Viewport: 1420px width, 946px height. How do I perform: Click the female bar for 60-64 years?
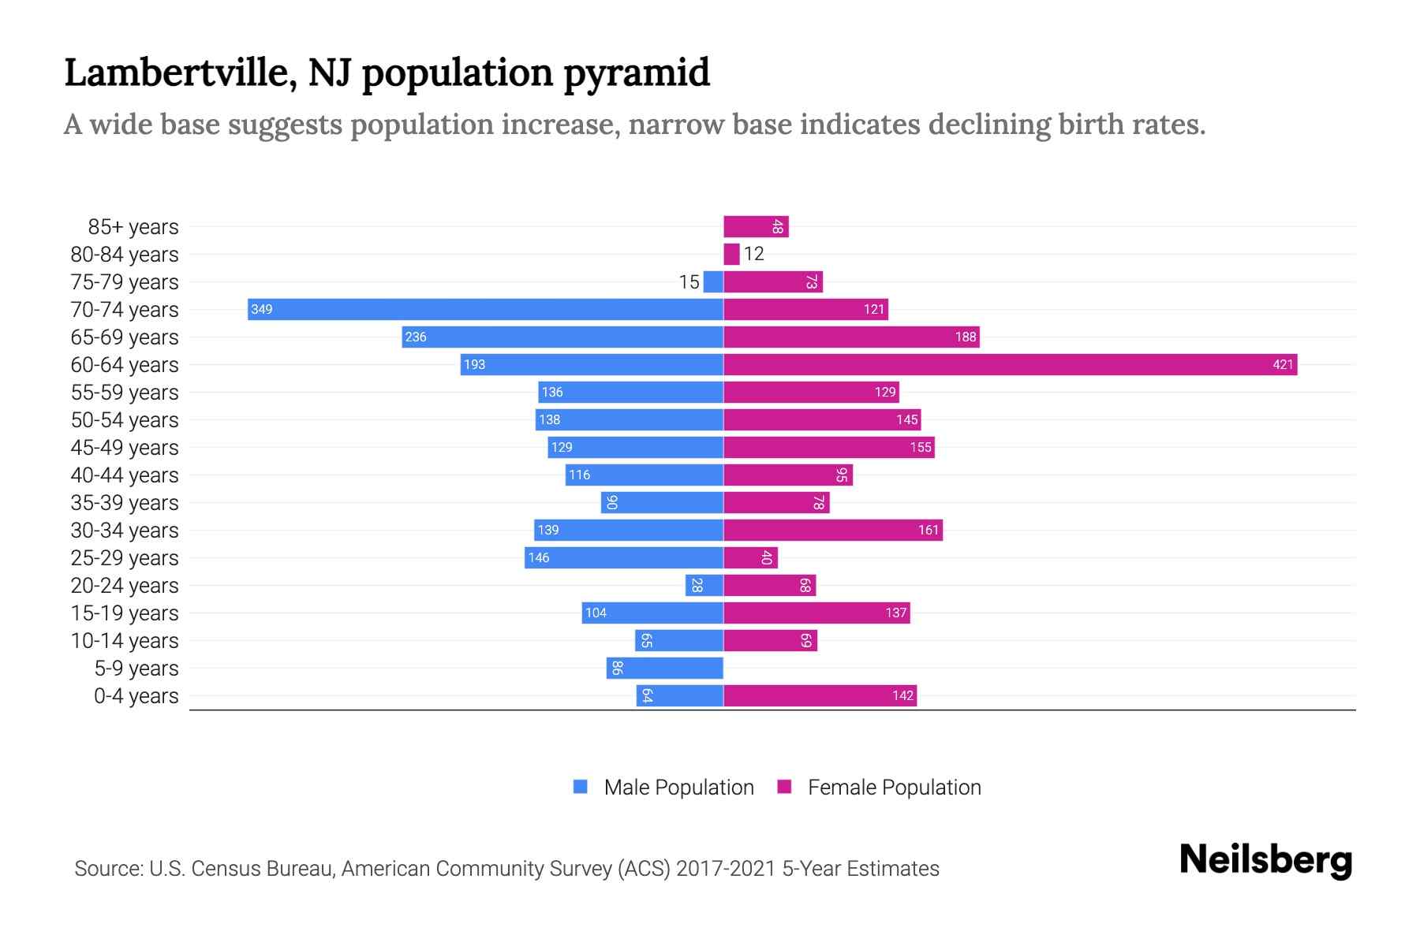(1010, 364)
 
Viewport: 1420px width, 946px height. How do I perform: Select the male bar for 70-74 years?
(485, 309)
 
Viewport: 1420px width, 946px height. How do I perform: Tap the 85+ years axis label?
(133, 227)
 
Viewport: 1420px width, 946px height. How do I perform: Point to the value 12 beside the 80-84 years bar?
(754, 254)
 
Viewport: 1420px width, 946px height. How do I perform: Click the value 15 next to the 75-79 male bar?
(689, 282)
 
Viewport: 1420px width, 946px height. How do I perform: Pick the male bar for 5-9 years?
(664, 668)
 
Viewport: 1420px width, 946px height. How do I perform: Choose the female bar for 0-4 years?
(820, 695)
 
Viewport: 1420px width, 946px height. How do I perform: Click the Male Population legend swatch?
(581, 787)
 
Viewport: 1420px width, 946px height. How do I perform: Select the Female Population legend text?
(894, 787)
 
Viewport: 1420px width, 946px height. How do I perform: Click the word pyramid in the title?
(637, 73)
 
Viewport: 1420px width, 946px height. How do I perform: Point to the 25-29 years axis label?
(125, 558)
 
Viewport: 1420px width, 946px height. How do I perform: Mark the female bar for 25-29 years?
(750, 557)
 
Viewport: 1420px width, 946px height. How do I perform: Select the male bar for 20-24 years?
(704, 585)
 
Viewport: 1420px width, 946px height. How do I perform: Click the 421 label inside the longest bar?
(1283, 364)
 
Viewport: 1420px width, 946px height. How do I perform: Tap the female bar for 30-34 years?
(833, 530)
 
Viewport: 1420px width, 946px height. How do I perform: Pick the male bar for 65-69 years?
(562, 337)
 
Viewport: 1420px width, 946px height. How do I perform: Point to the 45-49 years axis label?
(125, 448)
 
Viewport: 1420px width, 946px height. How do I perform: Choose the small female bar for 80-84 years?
(731, 254)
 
